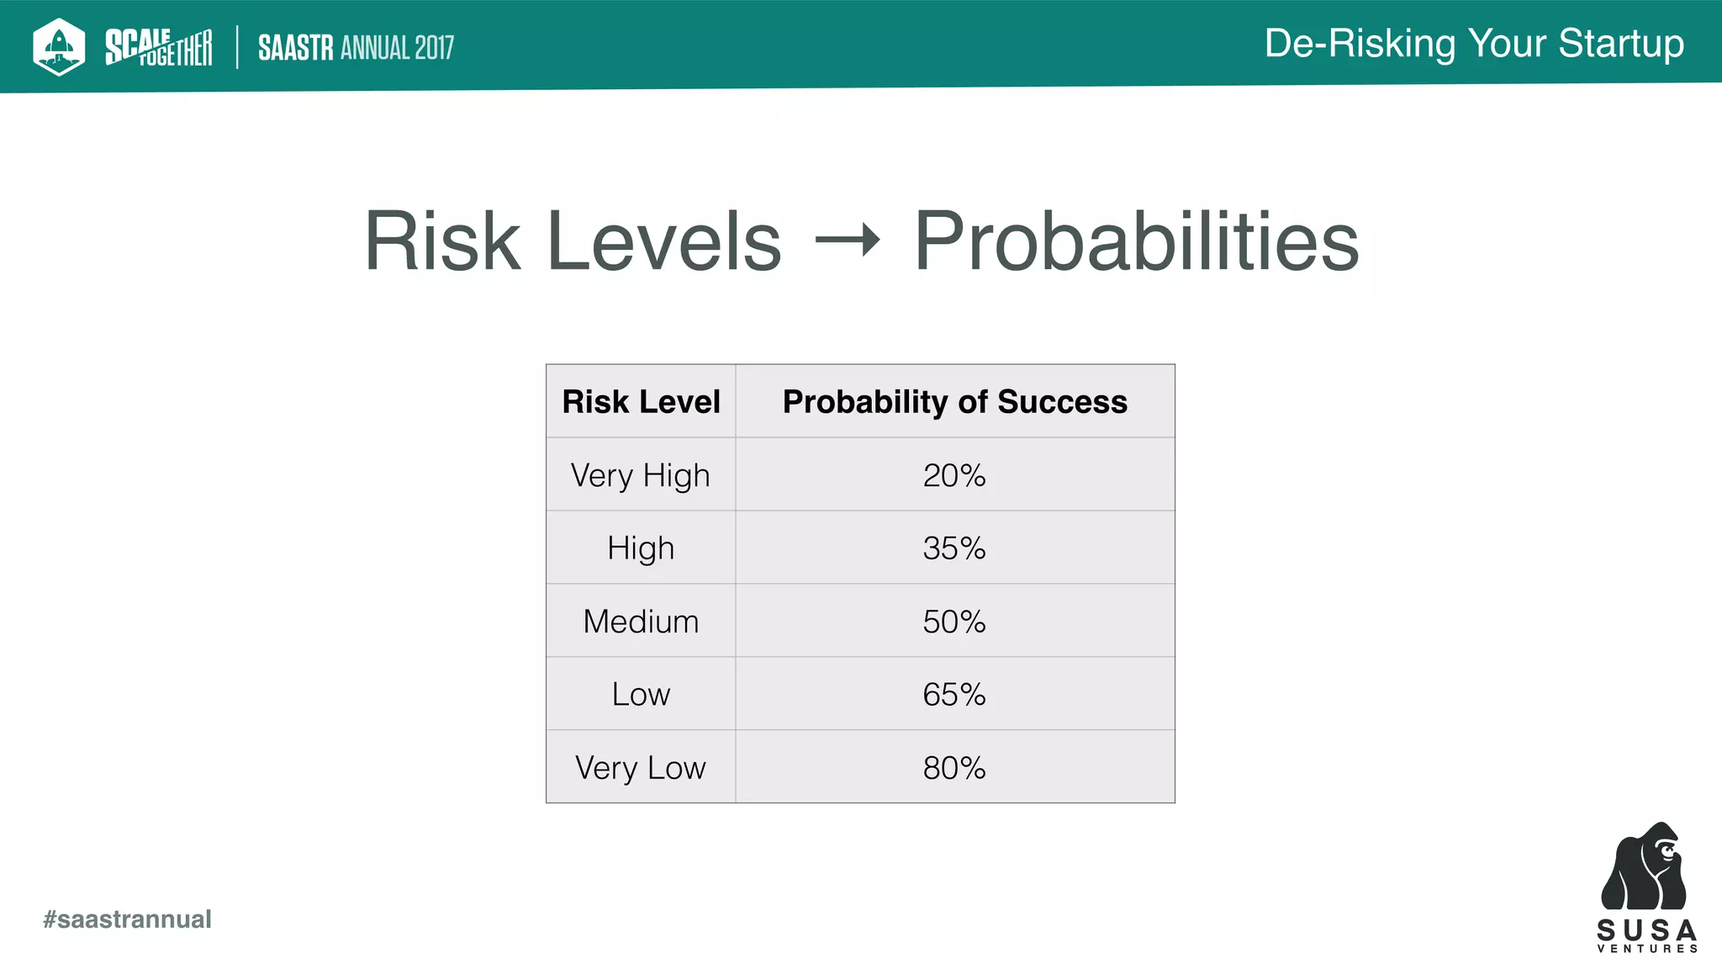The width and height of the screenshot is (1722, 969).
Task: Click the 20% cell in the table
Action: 954,475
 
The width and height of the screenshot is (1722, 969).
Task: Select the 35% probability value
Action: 954,548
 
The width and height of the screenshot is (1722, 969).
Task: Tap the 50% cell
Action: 954,622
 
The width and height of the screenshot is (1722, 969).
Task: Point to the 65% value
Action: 954,695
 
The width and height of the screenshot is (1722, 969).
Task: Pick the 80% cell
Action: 954,768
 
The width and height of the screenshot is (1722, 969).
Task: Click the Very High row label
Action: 641,475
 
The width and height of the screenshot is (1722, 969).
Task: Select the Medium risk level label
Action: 641,622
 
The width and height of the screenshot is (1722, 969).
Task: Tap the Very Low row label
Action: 641,768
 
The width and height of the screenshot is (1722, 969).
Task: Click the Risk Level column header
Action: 641,402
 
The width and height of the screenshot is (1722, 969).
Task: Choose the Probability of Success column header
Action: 954,402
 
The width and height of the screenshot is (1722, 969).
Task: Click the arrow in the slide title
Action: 848,241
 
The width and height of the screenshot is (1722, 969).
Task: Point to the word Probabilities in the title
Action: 1137,241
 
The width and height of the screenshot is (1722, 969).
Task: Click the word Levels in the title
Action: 664,241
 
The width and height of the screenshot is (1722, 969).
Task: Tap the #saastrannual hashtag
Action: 127,919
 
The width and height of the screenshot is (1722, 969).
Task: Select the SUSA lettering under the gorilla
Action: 1647,930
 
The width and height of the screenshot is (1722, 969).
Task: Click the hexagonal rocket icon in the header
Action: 59,46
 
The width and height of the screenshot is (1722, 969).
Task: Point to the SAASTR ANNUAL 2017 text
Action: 356,48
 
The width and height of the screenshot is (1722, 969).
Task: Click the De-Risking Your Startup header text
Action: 1474,44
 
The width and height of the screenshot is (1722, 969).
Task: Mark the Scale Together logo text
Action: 158,47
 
